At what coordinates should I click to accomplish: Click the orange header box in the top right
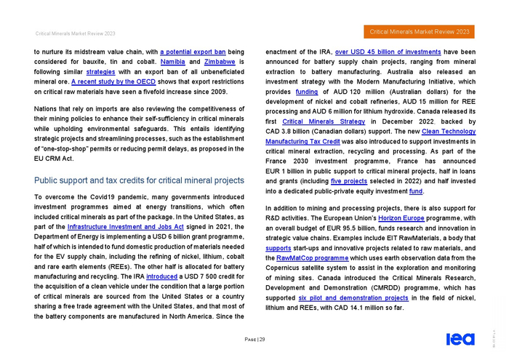click(420, 32)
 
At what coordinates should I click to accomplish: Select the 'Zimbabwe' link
click(220, 63)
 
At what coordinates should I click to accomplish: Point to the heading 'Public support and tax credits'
click(138, 180)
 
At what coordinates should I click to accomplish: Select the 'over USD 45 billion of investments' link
click(388, 52)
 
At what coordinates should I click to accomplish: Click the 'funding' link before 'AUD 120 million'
click(307, 92)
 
